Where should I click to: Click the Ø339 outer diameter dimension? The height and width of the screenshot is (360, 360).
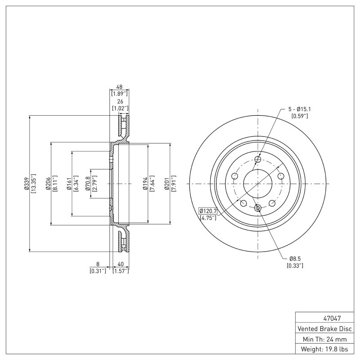[x=27, y=184]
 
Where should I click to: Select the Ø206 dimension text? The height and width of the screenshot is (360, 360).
[x=48, y=184]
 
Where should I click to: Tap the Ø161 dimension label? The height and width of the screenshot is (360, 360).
[x=69, y=184]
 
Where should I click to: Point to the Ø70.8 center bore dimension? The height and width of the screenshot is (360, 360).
[x=88, y=184]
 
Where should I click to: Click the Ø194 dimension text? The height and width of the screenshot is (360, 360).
[x=144, y=184]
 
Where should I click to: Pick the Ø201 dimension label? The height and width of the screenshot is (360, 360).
[x=166, y=184]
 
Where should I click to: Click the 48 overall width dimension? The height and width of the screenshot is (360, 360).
[x=120, y=87]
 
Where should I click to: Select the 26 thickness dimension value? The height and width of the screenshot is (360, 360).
[x=120, y=102]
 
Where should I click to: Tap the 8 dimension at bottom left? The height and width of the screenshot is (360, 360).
[x=98, y=265]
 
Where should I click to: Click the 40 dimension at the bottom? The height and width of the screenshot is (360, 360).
[x=120, y=265]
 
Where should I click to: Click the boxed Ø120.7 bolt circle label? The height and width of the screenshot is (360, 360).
[x=207, y=211]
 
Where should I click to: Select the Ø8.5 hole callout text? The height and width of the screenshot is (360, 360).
[x=295, y=259]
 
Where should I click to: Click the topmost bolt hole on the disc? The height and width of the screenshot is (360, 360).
[x=258, y=160]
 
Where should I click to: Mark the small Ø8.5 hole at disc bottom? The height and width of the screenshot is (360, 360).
[x=258, y=207]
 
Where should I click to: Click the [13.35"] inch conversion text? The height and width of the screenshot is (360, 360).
[x=33, y=184]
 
